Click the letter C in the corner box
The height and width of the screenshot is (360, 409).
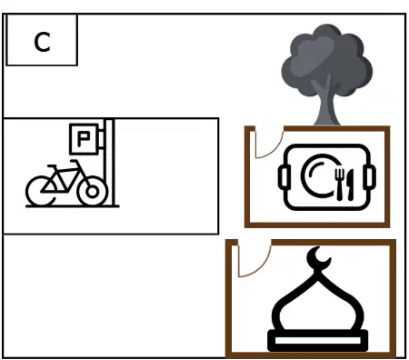42,42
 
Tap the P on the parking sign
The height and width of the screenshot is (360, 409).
84,139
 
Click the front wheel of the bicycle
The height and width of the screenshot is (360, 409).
93,191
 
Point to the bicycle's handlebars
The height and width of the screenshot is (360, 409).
75,162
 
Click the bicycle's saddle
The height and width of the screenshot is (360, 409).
52,166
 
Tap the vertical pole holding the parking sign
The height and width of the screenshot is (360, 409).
109,162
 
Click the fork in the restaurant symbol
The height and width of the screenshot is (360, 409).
340,185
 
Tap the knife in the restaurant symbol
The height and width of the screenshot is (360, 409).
350,185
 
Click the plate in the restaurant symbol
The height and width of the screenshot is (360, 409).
318,175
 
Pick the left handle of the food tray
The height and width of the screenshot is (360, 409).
284,176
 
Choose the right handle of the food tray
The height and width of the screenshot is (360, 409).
370,176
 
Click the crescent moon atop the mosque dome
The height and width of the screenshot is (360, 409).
317,258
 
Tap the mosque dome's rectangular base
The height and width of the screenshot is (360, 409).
318,341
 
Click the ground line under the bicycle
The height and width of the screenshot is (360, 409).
73,206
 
